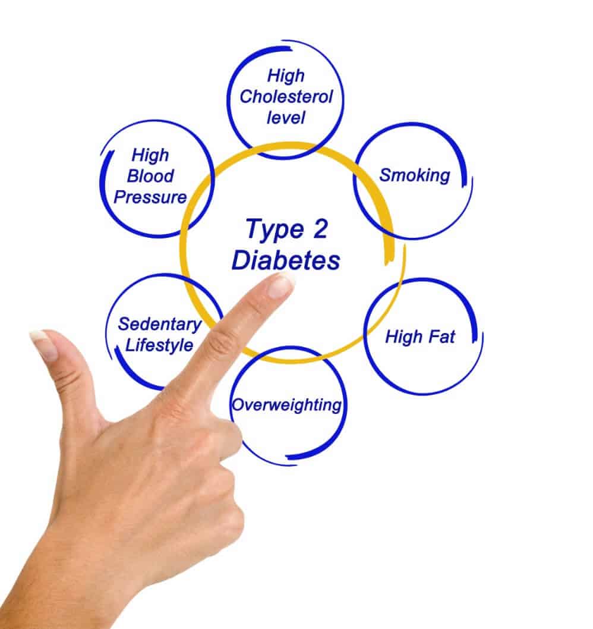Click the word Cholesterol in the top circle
coord(286,97)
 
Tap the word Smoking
coord(415,175)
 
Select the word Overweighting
coord(286,405)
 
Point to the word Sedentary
coord(160,324)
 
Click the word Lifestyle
coord(159,345)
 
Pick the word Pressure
coord(150,197)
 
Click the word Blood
coord(150,176)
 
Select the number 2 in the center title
coord(320,229)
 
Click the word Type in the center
coord(275,230)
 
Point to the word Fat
coord(442,336)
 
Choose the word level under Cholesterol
coord(286,118)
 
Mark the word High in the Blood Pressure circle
coord(150,155)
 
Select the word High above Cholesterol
coord(286,76)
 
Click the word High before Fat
coord(404,336)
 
